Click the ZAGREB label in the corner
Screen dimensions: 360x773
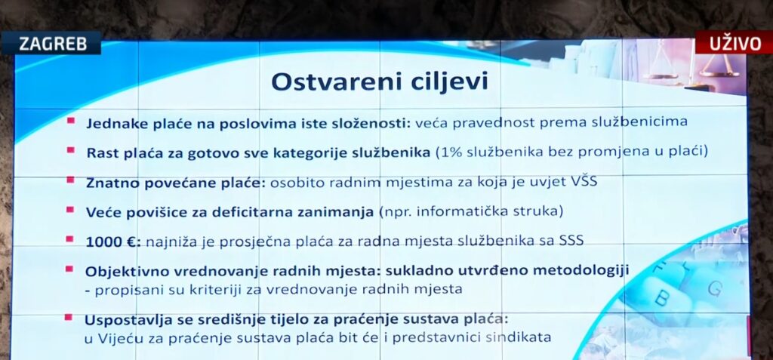click(x=51, y=43)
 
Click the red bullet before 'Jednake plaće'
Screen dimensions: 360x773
click(x=70, y=121)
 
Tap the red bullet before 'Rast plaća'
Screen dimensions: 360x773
click(x=70, y=151)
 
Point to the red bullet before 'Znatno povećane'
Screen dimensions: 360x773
click(x=70, y=180)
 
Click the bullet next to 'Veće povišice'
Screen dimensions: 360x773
click(x=70, y=210)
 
